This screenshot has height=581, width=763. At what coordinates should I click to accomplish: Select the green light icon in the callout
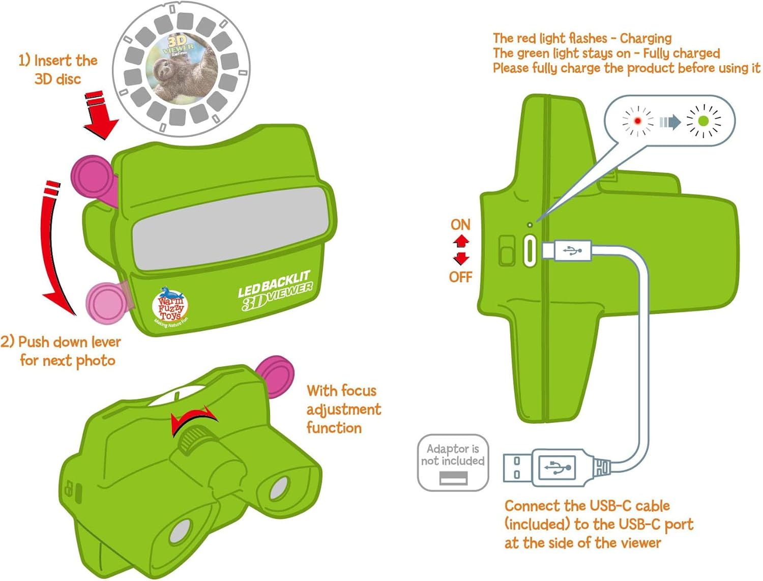[703, 121]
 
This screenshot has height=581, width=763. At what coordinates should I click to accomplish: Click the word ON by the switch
[460, 224]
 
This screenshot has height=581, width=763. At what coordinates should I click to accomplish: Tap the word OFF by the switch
[460, 277]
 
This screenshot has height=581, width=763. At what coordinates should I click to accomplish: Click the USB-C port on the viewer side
[530, 250]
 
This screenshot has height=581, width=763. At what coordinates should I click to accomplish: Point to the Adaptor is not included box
[453, 462]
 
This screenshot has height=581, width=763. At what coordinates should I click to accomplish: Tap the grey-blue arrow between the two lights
[670, 122]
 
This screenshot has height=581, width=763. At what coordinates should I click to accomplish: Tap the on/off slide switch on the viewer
[507, 250]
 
